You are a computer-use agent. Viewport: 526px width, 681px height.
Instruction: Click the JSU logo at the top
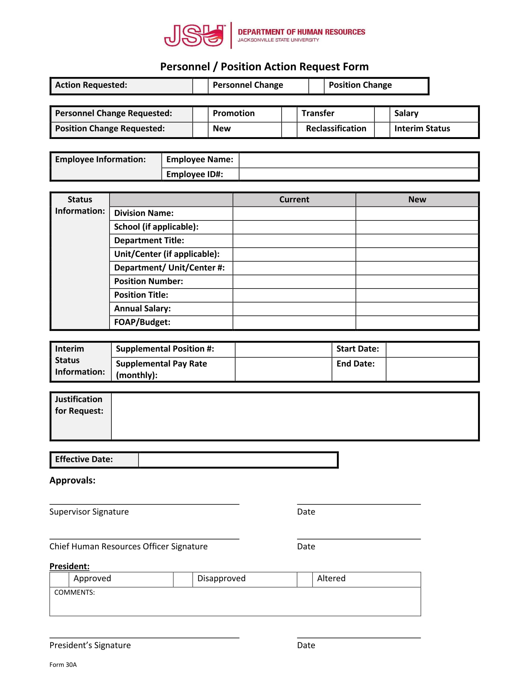(x=194, y=35)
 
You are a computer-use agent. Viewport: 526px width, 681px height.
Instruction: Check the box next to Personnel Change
(x=200, y=85)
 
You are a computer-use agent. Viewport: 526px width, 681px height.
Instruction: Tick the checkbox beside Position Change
(x=316, y=85)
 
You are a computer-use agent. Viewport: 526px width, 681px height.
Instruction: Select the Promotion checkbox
(x=200, y=114)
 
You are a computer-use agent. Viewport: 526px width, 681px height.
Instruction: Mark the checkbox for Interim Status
(x=382, y=129)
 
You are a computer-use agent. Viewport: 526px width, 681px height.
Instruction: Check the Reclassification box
(x=289, y=129)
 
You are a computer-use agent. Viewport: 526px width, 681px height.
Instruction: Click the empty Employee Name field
(x=358, y=160)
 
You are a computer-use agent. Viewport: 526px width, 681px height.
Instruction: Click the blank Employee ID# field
(x=358, y=174)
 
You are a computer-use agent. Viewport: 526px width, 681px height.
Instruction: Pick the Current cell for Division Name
(x=294, y=214)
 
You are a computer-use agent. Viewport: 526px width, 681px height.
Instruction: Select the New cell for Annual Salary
(x=417, y=309)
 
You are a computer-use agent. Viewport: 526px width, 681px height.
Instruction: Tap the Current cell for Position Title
(x=294, y=295)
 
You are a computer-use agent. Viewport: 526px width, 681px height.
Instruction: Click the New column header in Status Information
(x=417, y=200)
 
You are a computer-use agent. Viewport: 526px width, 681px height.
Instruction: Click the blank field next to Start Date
(x=432, y=349)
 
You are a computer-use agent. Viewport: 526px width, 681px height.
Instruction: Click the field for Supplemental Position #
(x=283, y=349)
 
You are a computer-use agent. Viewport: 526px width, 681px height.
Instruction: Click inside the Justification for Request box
(x=295, y=416)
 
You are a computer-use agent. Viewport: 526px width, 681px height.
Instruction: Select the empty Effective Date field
(x=238, y=460)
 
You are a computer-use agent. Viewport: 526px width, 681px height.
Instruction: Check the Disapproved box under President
(x=183, y=579)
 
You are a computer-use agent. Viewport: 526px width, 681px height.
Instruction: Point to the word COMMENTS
(x=75, y=592)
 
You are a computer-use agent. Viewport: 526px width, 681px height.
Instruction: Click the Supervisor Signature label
(x=89, y=512)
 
